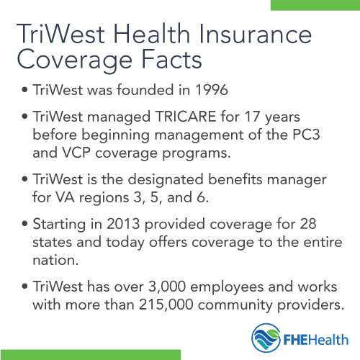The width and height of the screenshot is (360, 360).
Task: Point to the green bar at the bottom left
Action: (x=90, y=355)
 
